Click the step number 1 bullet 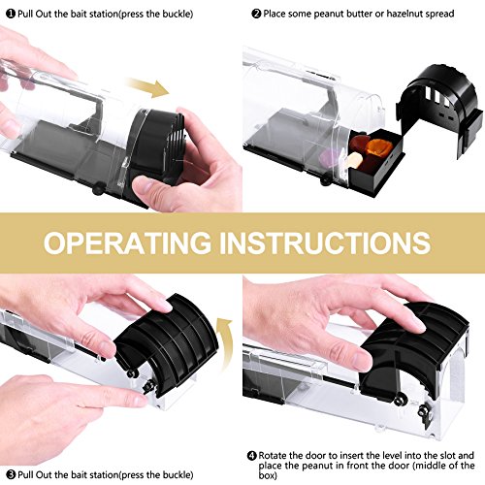pyautogui.click(x=11, y=14)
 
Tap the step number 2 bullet pyautogui.click(x=256, y=14)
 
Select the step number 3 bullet pyautogui.click(x=11, y=474)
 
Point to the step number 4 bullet pyautogui.click(x=252, y=456)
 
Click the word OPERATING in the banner pyautogui.click(x=127, y=242)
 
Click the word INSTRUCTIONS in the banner pyautogui.click(x=325, y=242)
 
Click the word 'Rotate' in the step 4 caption pyautogui.click(x=273, y=456)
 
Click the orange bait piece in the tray pyautogui.click(x=379, y=147)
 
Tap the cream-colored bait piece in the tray pyautogui.click(x=353, y=160)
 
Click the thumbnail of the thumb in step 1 pyautogui.click(x=145, y=186)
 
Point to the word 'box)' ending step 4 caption pyautogui.click(x=268, y=475)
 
